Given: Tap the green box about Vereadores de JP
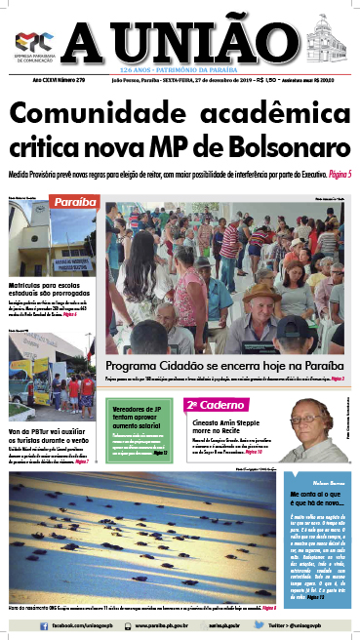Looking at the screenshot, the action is coord(140,415).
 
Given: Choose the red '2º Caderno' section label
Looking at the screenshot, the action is coord(207,404).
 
